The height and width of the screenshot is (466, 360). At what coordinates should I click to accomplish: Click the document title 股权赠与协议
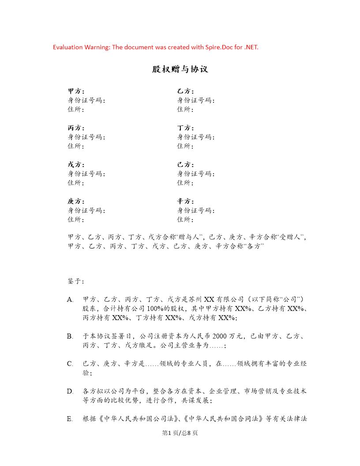180,70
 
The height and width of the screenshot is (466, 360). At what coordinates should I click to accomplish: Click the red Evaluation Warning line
155,47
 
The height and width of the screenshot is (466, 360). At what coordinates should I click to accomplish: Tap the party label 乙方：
185,91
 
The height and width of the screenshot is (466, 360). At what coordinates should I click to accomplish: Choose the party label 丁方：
185,128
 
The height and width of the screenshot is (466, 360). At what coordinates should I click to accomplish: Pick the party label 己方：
185,165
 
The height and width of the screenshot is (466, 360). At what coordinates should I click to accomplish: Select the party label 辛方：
185,201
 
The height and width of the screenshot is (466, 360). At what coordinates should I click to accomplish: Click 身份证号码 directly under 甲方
86,100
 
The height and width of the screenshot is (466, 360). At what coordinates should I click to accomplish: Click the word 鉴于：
76,281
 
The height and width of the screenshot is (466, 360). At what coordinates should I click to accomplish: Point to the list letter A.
70,299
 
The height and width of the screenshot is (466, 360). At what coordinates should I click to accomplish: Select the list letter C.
70,364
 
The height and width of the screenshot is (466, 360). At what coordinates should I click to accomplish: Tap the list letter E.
70,419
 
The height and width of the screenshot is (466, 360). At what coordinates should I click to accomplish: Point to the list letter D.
70,391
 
